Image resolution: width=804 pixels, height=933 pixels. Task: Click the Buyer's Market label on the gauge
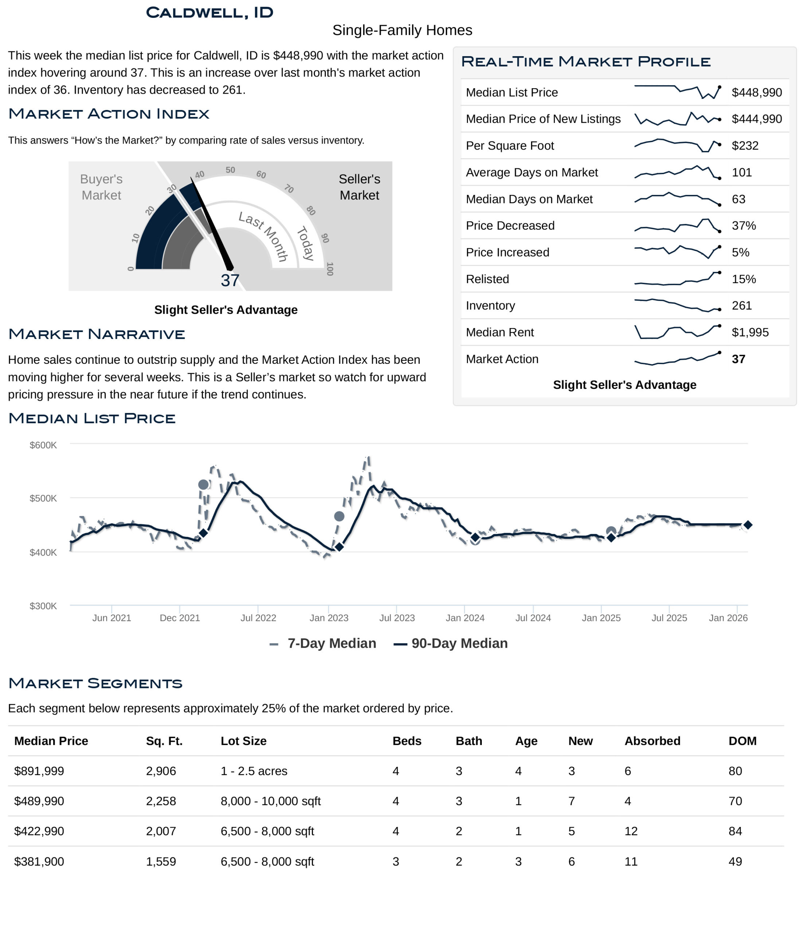101,187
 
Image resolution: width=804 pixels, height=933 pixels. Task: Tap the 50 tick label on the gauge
230,170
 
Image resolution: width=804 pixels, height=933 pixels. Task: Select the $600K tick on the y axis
43,445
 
